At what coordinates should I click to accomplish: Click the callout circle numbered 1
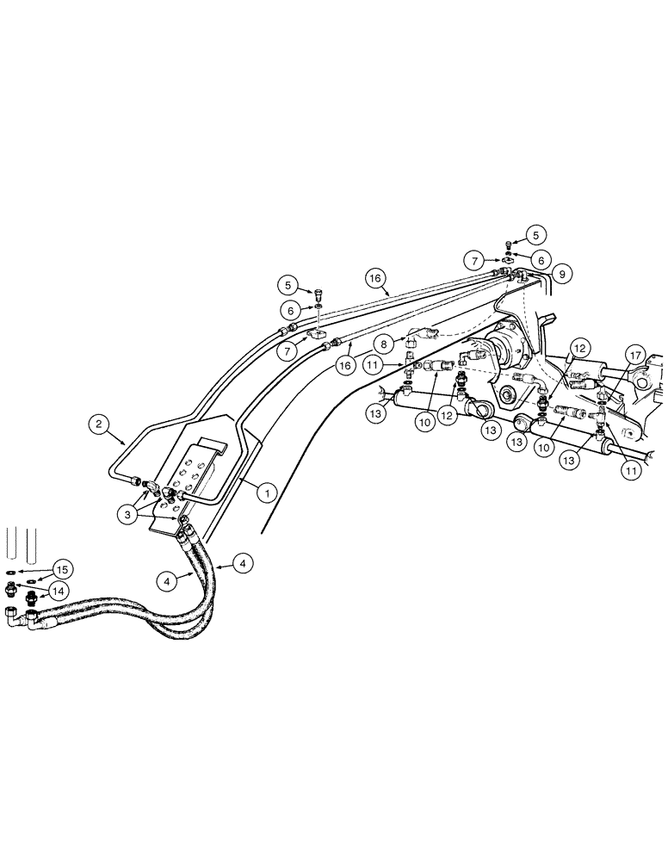(x=268, y=492)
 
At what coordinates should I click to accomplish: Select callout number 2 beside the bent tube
(x=99, y=423)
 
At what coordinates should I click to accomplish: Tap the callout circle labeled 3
(x=127, y=514)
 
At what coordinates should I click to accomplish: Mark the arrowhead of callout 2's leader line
(x=129, y=443)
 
